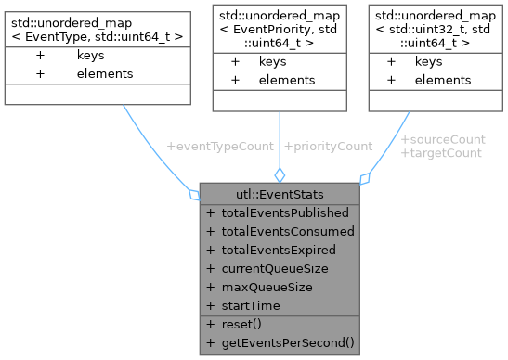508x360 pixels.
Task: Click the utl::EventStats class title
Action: (280, 194)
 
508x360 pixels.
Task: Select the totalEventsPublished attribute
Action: (285, 212)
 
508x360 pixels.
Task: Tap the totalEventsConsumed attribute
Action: (287, 231)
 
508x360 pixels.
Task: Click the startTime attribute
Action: (251, 305)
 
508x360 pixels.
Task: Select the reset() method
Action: (242, 324)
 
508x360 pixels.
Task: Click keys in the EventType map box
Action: (90, 56)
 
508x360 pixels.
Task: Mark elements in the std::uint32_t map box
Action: (443, 80)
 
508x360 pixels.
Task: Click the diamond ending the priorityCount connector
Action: (280, 174)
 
